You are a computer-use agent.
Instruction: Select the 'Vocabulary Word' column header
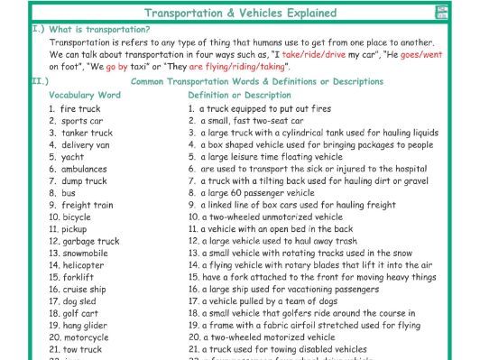click(85, 95)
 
